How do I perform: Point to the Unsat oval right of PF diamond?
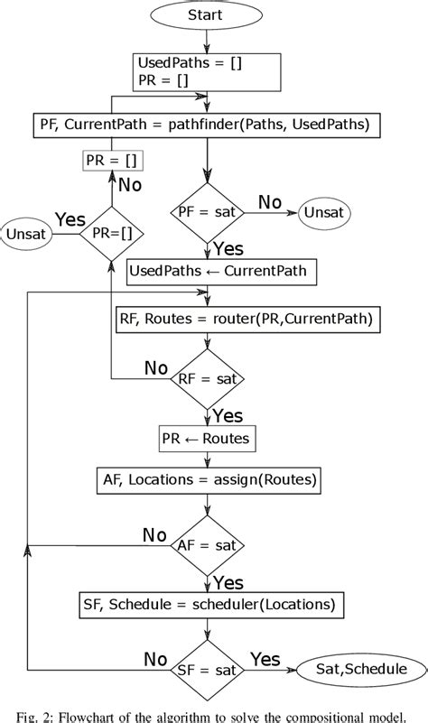324,215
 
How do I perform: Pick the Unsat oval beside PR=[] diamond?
26,233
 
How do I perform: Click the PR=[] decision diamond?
110,233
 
